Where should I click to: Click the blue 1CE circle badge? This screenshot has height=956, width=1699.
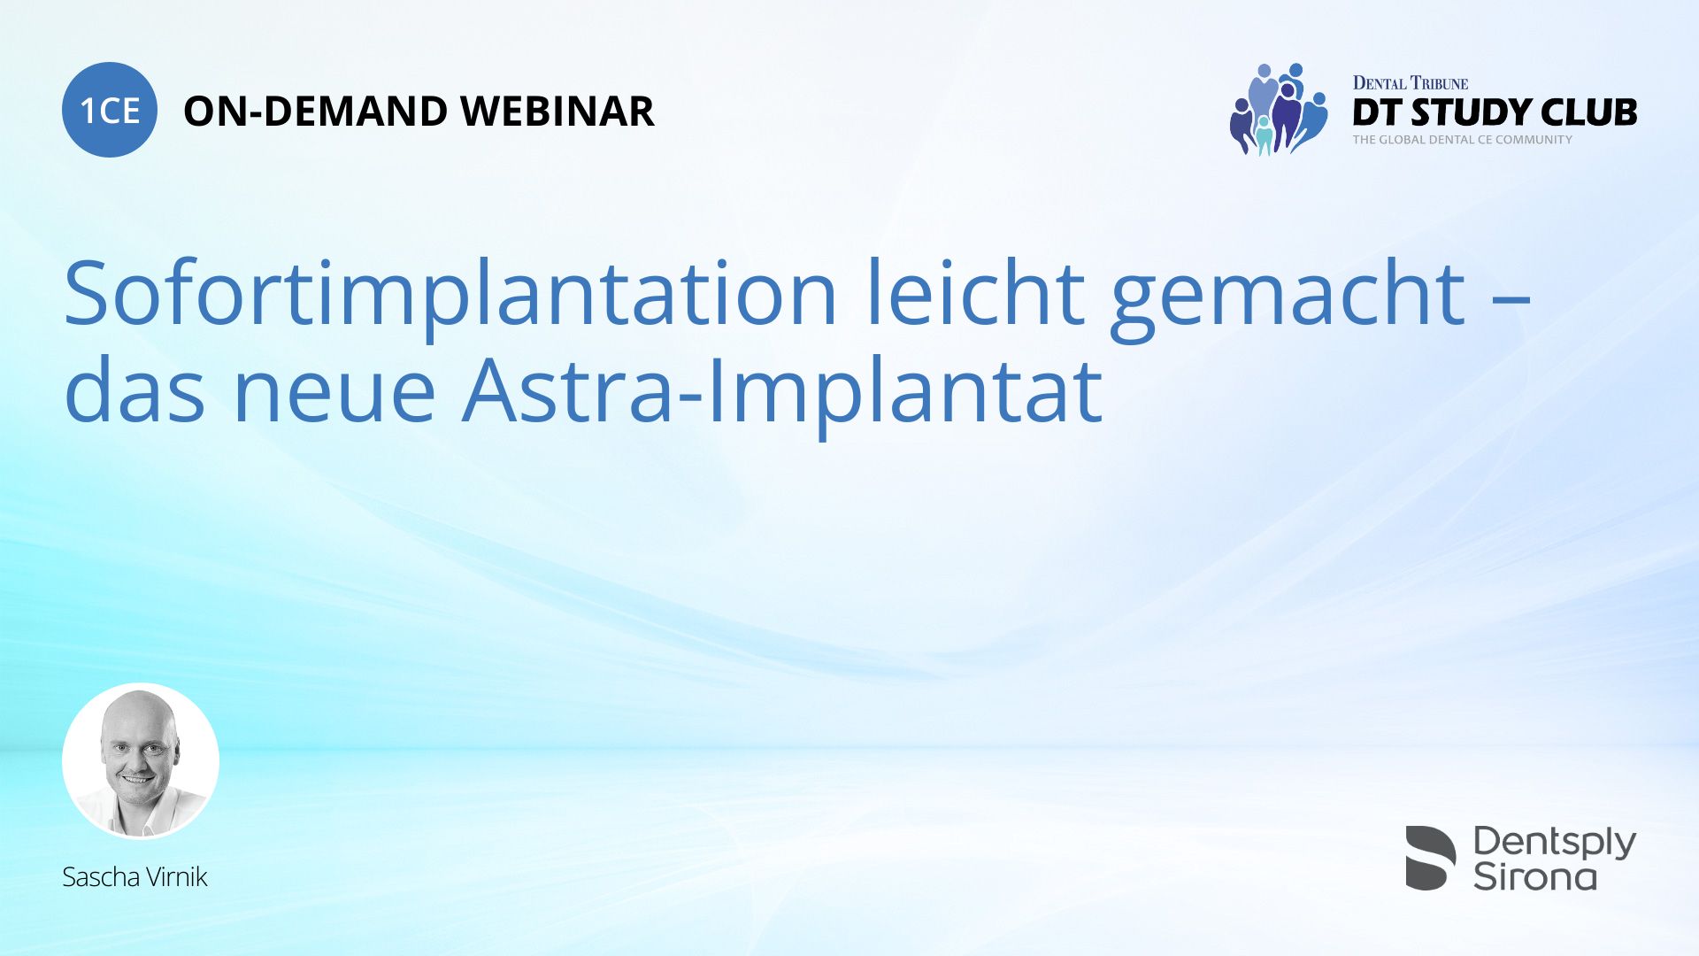pos(110,110)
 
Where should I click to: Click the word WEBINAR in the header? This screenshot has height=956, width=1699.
pos(557,112)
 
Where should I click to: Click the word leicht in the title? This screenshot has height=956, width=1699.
pos(974,292)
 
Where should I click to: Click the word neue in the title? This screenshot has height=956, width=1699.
pos(334,391)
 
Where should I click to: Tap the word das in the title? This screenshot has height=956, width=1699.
pos(135,388)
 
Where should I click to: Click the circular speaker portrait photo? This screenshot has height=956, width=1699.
pos(141,761)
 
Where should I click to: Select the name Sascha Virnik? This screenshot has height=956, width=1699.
pos(135,877)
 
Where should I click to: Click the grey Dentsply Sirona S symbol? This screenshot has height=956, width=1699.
pos(1431,858)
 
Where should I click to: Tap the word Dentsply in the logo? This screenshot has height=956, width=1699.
pos(1555,843)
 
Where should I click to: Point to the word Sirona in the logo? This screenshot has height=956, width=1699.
pos(1534,876)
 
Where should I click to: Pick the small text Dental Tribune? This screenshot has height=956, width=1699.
pos(1411,83)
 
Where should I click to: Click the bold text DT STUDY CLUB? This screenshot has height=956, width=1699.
pos(1495,112)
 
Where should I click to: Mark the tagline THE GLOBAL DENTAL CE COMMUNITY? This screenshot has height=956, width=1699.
pos(1463,140)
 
